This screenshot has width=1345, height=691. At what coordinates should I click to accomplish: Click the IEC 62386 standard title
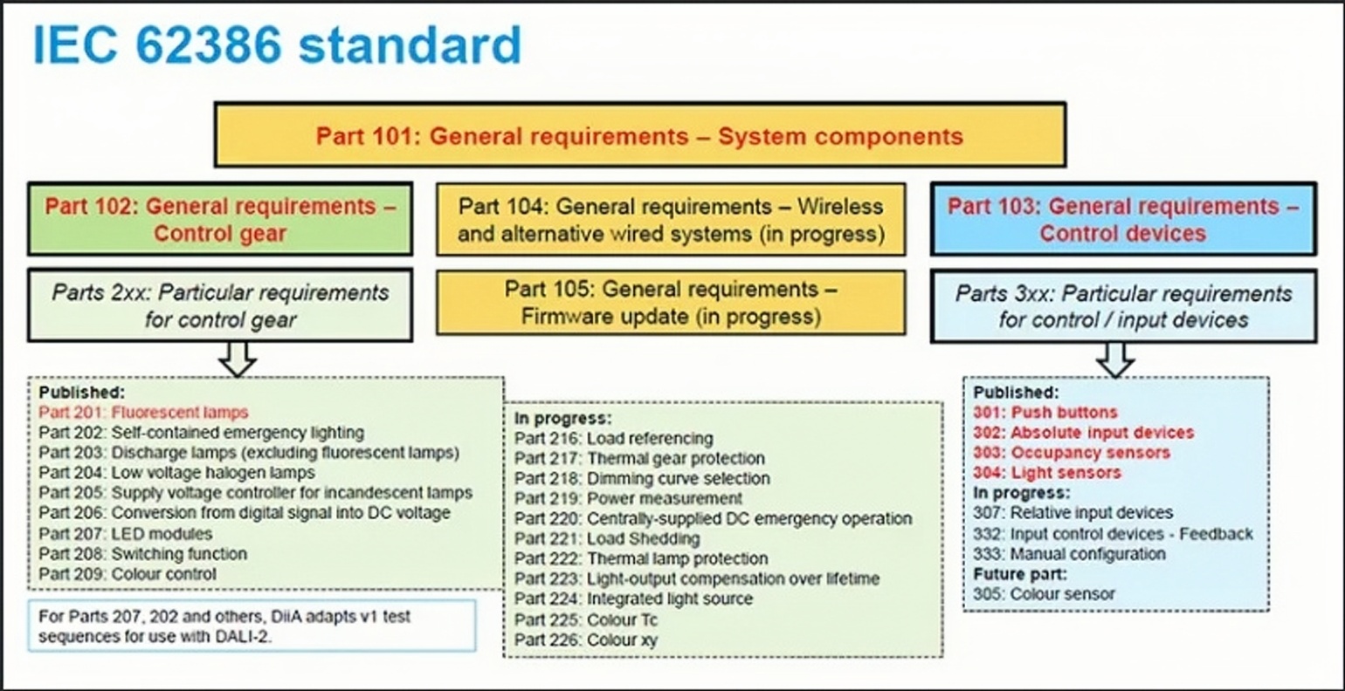point(278,45)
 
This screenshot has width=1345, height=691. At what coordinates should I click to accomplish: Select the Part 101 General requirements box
point(640,135)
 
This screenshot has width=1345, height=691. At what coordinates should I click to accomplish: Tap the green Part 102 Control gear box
point(220,219)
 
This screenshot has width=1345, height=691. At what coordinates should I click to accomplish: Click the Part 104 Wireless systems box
point(671,220)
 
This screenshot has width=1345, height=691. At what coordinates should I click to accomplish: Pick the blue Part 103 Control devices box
point(1123,220)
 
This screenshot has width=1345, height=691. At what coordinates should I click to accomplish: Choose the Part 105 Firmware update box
point(671,302)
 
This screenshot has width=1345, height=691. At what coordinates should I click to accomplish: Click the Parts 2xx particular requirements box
point(220,305)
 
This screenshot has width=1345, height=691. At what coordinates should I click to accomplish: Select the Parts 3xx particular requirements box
point(1123,306)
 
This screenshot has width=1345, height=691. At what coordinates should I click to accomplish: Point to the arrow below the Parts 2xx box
point(238,359)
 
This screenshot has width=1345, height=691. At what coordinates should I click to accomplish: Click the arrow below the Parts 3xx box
point(1115,360)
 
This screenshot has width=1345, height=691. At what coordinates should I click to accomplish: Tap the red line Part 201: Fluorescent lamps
point(143,413)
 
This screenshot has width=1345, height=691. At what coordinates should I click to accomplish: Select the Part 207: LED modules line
point(126,534)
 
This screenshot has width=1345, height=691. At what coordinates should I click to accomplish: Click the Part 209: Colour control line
point(128,574)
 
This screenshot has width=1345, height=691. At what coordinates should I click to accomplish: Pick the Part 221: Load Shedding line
point(607,538)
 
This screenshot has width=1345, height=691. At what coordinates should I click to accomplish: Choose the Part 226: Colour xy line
point(586,640)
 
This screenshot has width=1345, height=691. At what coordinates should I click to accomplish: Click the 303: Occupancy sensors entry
point(1072,453)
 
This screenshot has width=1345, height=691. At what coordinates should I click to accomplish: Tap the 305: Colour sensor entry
point(1045,594)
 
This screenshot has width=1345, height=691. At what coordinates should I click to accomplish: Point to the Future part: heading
point(1020,574)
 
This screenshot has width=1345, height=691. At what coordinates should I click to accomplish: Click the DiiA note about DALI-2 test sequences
point(252,626)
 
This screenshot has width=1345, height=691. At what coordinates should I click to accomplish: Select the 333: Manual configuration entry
point(1069,554)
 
